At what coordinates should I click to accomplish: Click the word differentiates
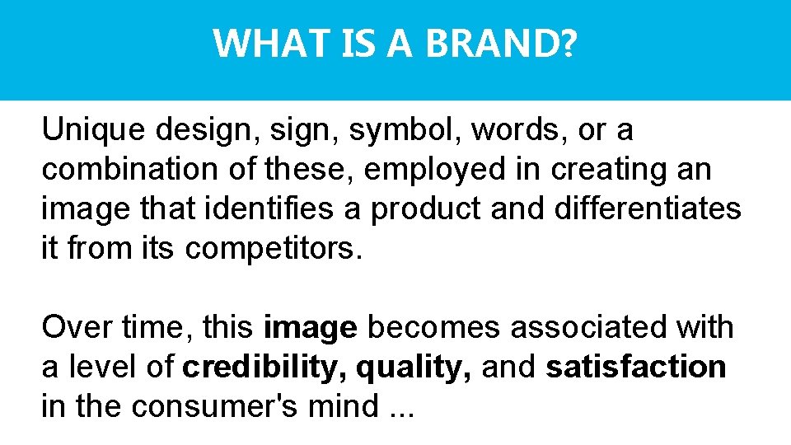point(648,208)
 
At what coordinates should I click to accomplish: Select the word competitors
point(273,248)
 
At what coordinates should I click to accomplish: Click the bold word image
point(311,329)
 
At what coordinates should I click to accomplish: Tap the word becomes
point(434,327)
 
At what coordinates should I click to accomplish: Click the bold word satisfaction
point(635,367)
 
